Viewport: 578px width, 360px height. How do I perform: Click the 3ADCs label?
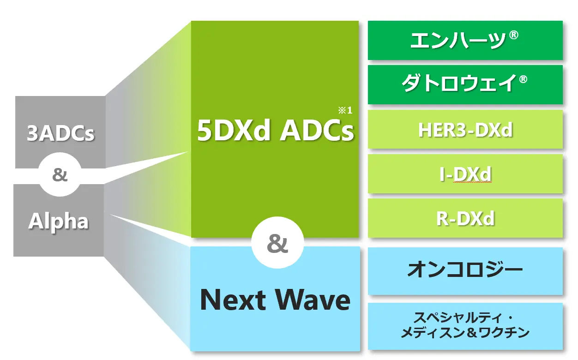tap(60, 133)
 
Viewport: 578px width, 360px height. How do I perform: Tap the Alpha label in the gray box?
tap(59, 221)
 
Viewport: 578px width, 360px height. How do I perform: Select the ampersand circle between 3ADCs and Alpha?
tap(60, 174)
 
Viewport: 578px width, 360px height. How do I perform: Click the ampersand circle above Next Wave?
tap(277, 243)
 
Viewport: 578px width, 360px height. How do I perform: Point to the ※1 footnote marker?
tap(345, 110)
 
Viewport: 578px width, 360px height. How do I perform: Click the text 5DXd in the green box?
tap(234, 131)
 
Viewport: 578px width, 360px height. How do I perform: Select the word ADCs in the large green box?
tap(317, 131)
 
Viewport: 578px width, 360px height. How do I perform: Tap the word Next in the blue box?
tap(233, 300)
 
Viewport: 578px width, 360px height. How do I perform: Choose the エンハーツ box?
tap(465, 41)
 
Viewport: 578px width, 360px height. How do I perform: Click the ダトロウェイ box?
tap(465, 84)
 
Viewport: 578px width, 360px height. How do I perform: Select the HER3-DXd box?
tap(465, 129)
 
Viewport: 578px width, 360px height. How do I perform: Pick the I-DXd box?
tap(465, 174)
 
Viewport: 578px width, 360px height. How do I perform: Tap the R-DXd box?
tap(465, 218)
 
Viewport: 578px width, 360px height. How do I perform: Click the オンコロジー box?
tap(465, 271)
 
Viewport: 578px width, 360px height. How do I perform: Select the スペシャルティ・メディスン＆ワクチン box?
tap(465, 326)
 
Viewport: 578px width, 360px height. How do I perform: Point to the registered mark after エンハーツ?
tap(513, 35)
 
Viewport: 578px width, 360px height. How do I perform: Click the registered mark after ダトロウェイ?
tap(523, 79)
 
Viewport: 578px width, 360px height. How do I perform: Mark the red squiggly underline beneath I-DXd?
tap(473, 182)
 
